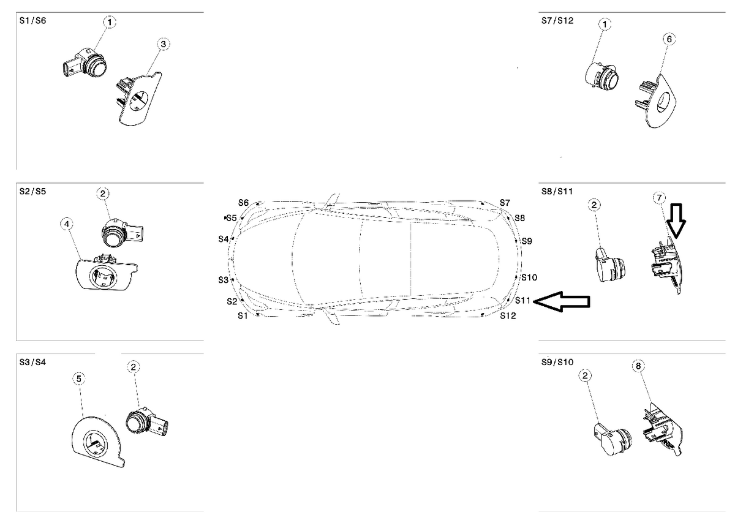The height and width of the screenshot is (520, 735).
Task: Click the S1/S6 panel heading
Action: pyautogui.click(x=32, y=20)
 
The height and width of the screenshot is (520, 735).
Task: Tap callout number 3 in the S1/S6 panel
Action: pyautogui.click(x=163, y=44)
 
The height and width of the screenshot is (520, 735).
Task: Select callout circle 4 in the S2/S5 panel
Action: pyautogui.click(x=66, y=224)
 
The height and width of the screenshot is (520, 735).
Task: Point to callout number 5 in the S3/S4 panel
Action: pyautogui.click(x=79, y=379)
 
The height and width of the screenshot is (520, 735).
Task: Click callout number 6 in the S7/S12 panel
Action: pyautogui.click(x=669, y=39)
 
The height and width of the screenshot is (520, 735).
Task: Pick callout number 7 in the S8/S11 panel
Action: pyautogui.click(x=658, y=198)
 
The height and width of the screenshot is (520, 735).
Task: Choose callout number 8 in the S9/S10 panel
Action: pyautogui.click(x=638, y=366)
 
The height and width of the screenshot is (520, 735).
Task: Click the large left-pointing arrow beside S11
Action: pyautogui.click(x=563, y=301)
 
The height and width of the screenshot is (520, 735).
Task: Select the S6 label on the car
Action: pyautogui.click(x=244, y=203)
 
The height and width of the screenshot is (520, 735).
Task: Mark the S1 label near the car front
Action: pyautogui.click(x=243, y=315)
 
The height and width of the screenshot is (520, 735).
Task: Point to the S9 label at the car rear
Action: pyautogui.click(x=527, y=241)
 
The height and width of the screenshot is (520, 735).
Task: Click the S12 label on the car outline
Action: pyautogui.click(x=508, y=316)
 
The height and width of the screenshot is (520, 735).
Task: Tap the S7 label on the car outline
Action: pyautogui.click(x=505, y=202)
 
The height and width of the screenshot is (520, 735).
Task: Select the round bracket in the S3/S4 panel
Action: pyautogui.click(x=97, y=441)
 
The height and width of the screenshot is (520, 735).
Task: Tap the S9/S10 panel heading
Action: pyautogui.click(x=557, y=362)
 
